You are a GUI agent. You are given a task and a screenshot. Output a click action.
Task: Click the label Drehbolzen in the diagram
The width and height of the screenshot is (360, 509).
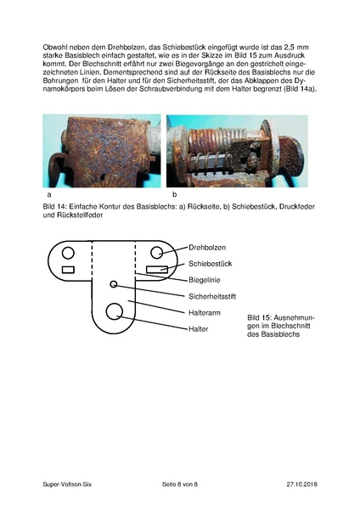208,248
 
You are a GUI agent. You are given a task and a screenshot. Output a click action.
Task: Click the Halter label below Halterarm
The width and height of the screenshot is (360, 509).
198,328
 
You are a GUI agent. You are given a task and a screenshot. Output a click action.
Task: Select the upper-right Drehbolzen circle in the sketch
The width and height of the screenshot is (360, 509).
157,252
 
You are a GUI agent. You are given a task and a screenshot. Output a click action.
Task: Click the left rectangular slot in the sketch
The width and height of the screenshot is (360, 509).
70,270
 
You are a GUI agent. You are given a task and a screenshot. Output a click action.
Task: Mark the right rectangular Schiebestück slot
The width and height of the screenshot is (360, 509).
156,270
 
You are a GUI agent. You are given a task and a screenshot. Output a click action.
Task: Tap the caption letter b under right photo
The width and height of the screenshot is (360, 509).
173,194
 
